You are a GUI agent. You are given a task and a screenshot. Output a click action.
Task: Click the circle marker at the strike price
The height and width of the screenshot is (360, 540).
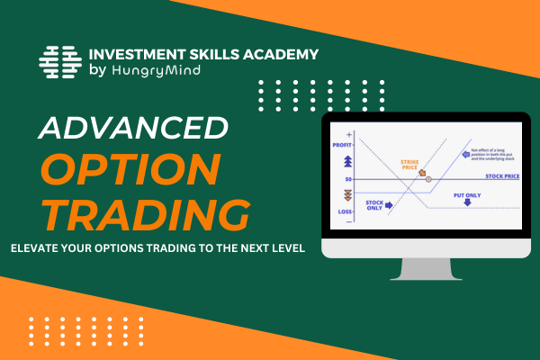(428, 180)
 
